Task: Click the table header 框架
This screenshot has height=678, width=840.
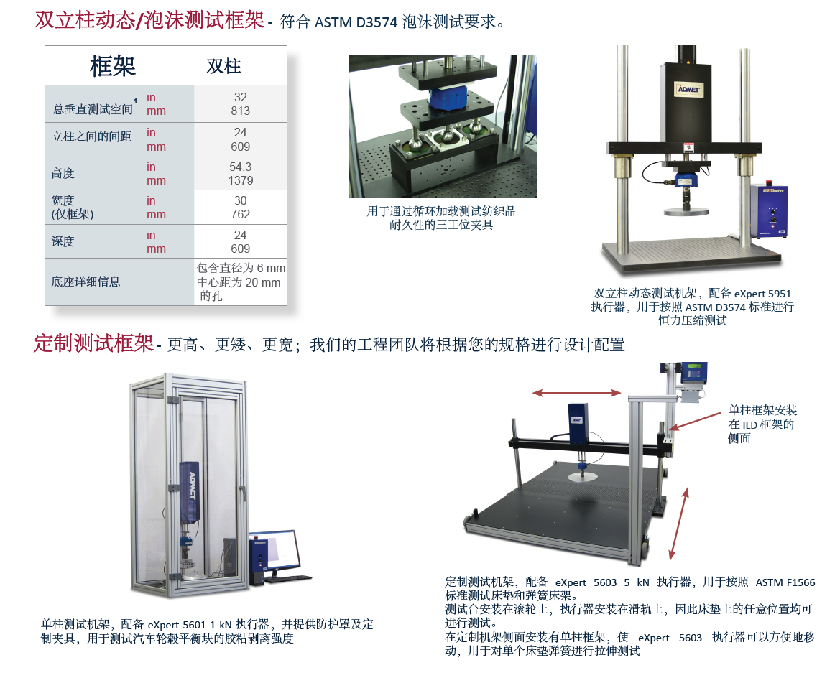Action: click(x=113, y=66)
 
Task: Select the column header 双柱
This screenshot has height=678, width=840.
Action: click(x=224, y=66)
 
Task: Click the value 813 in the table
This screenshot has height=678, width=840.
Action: click(x=241, y=111)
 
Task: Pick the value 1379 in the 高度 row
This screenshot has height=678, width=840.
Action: click(x=241, y=180)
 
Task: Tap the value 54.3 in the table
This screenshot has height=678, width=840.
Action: click(x=241, y=167)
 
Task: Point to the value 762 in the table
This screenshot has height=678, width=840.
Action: click(x=241, y=214)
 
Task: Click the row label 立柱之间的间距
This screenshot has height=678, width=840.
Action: click(x=91, y=136)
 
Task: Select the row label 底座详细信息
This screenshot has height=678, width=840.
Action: click(x=86, y=282)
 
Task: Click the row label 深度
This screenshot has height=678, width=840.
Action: click(x=63, y=241)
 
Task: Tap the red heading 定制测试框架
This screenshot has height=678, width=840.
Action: click(x=93, y=343)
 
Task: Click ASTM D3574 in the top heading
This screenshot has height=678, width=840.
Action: click(x=356, y=22)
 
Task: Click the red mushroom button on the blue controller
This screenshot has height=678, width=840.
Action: click(x=770, y=182)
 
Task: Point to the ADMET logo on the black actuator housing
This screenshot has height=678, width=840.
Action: click(x=688, y=90)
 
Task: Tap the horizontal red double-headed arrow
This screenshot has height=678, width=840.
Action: click(x=577, y=393)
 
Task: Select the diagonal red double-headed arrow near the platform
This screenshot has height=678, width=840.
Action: click(x=678, y=524)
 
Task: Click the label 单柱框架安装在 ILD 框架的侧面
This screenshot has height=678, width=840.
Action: click(x=762, y=424)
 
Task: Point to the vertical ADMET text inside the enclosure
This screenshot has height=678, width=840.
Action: click(x=193, y=486)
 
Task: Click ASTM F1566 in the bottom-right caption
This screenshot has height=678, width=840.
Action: click(x=785, y=582)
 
